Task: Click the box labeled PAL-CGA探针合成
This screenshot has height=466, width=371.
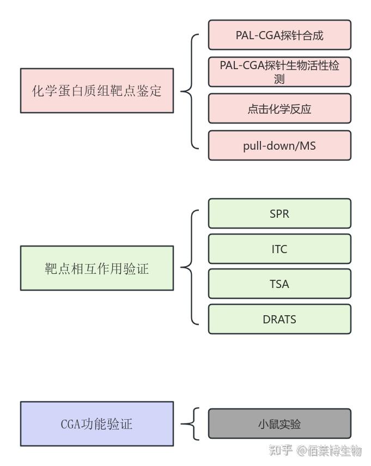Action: [x=279, y=35]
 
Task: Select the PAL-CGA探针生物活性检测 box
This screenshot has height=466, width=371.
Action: [x=279, y=72]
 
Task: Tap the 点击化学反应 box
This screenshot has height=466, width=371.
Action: [x=279, y=109]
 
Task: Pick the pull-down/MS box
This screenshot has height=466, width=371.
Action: [x=279, y=146]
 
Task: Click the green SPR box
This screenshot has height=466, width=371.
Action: [x=279, y=213]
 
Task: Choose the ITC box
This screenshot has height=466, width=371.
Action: [x=279, y=249]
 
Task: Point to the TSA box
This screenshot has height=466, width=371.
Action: [x=279, y=284]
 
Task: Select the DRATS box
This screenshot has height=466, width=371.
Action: [x=279, y=319]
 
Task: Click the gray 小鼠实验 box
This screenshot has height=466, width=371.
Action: [x=279, y=424]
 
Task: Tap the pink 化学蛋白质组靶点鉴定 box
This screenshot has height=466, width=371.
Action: [x=97, y=90]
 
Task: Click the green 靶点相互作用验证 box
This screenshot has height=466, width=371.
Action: [x=97, y=268]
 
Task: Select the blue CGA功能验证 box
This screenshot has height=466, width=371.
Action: [x=97, y=424]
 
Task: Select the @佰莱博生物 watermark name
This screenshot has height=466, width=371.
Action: [x=329, y=450]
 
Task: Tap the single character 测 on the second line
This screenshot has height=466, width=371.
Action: [x=279, y=78]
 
